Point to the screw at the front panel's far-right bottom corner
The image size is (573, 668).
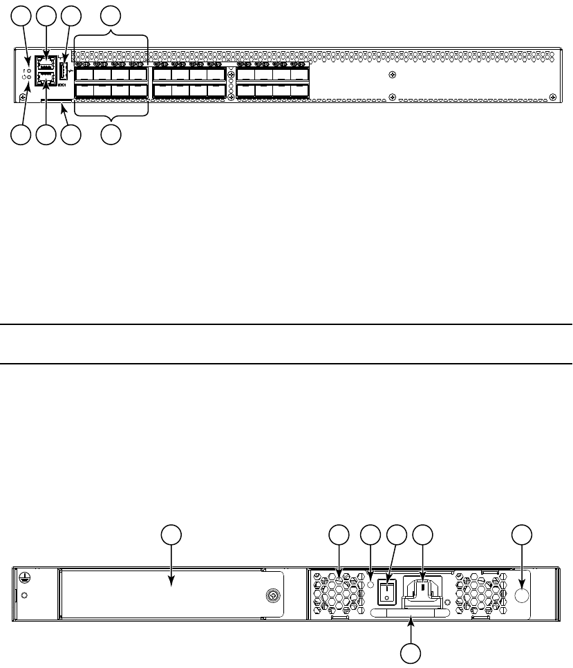[x=552, y=98]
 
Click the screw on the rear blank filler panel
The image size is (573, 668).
[x=274, y=595]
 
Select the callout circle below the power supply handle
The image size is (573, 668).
[x=413, y=654]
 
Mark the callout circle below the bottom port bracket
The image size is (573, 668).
[x=111, y=136]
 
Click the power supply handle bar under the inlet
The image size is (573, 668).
[x=407, y=613]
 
